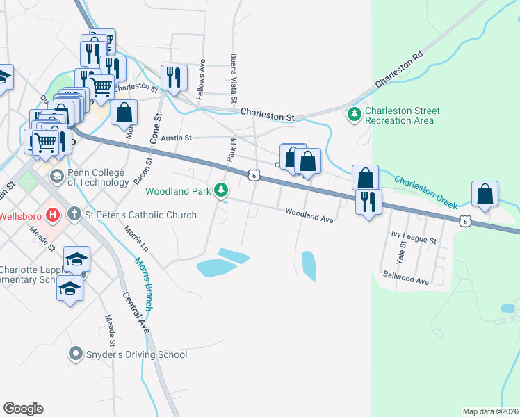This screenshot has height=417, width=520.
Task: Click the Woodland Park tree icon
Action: point(221,190)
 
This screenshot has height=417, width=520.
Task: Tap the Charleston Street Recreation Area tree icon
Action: point(355,113)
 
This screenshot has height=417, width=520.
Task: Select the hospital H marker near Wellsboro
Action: point(51,213)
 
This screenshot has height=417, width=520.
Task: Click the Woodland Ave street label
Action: point(309,216)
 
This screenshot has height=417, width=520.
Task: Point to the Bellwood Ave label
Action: point(406,279)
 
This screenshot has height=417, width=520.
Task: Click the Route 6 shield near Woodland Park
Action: point(255,176)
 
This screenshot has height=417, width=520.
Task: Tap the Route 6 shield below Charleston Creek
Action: point(464,220)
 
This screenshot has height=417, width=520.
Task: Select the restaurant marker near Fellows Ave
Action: point(172,77)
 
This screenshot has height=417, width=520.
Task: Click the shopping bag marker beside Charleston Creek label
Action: point(485,194)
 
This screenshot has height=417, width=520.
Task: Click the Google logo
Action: point(23,408)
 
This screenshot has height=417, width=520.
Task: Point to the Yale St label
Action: point(401,257)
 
